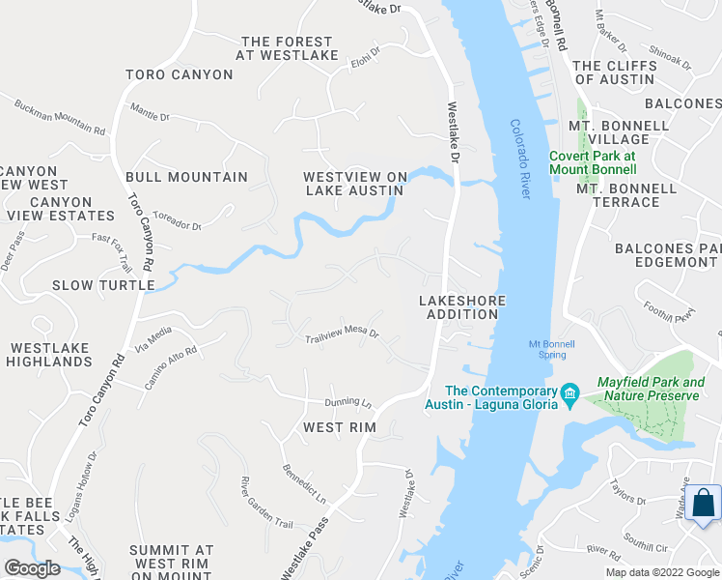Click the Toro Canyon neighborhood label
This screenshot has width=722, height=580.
click(x=180, y=74)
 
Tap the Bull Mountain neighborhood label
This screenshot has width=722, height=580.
click(x=186, y=177)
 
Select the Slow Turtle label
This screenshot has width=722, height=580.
click(x=103, y=285)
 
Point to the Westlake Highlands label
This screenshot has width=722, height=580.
click(x=49, y=355)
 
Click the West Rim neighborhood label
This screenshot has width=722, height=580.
click(x=338, y=426)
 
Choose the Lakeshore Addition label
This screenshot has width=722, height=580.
click(x=462, y=308)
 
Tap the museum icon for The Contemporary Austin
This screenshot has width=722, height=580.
click(x=569, y=391)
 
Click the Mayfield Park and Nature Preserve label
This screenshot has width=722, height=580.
click(x=651, y=389)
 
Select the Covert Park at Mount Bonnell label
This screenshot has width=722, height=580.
click(x=592, y=161)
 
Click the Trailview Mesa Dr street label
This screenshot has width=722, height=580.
click(x=342, y=336)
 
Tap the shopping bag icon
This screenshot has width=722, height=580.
click(x=704, y=504)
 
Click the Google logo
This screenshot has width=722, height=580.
click(x=32, y=567)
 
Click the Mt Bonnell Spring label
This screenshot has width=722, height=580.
click(x=551, y=349)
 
